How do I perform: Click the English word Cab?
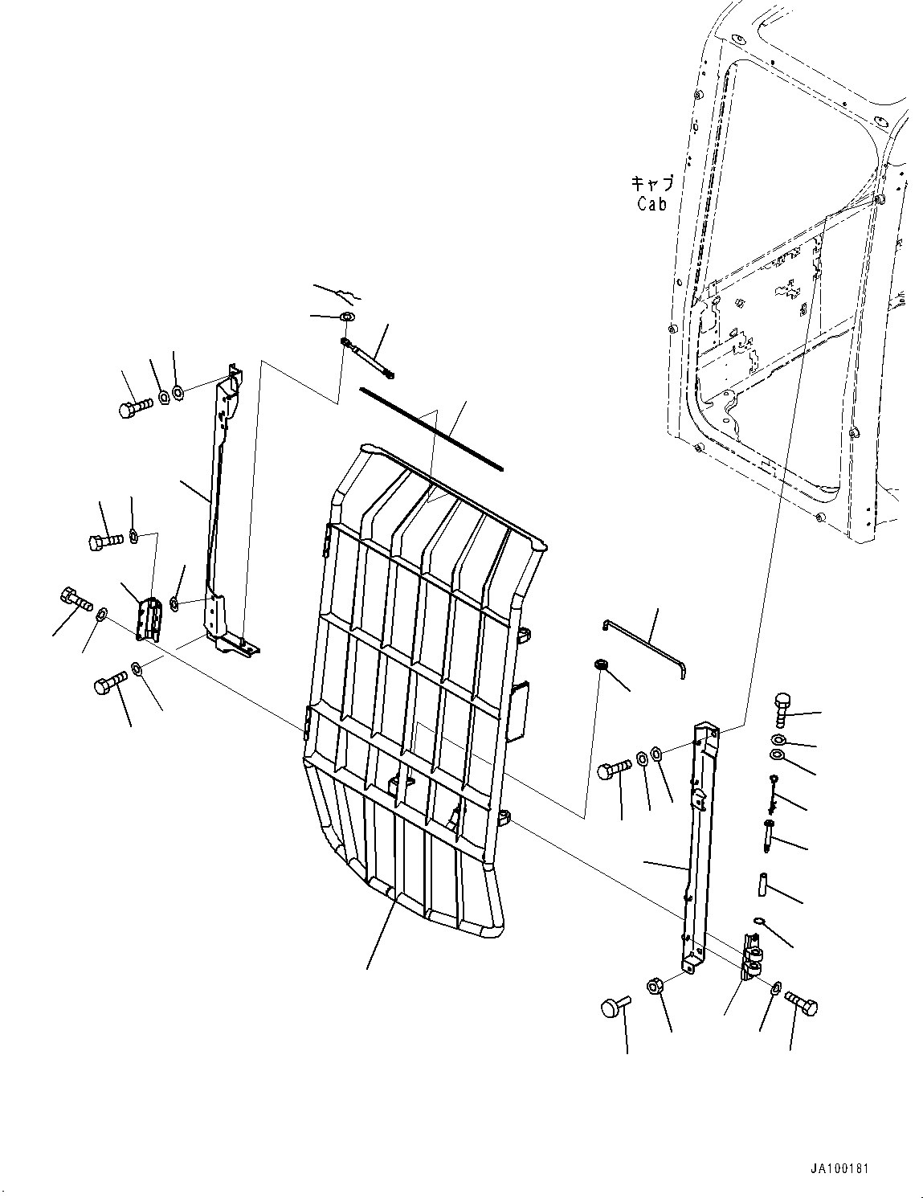pos(651,204)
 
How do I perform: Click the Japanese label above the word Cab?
pos(651,184)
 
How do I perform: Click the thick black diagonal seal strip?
pos(431,428)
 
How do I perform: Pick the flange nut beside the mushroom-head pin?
pos(655,985)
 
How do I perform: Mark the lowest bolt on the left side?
pos(109,687)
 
